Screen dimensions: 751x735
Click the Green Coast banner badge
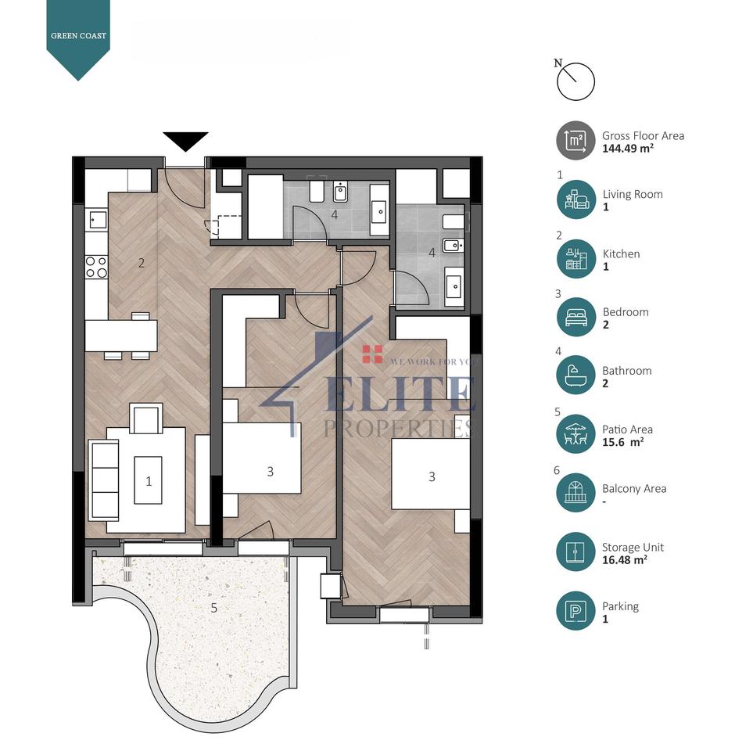coord(78,36)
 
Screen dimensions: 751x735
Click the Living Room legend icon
coord(575,199)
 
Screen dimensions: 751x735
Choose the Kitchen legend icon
coord(575,259)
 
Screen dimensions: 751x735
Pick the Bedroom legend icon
coord(575,318)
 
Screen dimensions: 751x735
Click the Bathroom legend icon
coord(575,376)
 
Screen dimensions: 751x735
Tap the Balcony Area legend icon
coord(575,494)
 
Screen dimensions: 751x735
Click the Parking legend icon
coord(575,611)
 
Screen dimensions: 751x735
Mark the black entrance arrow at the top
coord(185,142)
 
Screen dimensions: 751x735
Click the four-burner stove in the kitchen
coord(96,267)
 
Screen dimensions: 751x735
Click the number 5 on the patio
coord(213,606)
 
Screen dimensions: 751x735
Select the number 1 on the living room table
coord(149,480)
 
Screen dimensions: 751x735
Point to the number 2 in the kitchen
coord(142,263)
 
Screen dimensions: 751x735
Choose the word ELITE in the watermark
coord(400,393)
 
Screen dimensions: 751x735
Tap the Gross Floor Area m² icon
coord(575,141)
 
